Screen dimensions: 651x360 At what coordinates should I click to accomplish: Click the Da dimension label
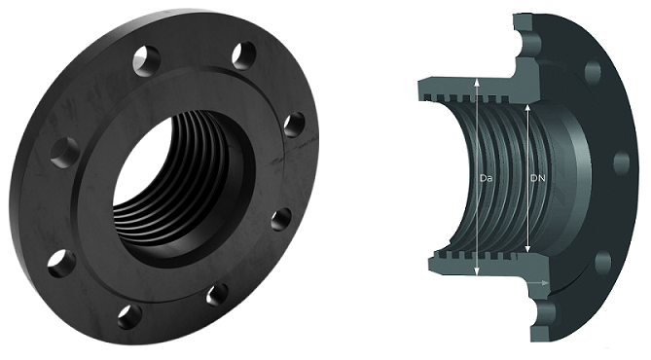click(486, 179)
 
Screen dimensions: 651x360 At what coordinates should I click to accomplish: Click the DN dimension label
click(538, 179)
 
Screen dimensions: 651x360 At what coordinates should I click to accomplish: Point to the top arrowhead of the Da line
click(477, 82)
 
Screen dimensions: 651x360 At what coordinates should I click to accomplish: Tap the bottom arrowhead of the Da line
click(477, 271)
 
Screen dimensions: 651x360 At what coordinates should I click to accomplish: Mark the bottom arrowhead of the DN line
click(527, 248)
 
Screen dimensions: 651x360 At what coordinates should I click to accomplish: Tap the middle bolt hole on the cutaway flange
click(622, 162)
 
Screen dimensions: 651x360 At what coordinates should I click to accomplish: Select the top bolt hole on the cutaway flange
click(593, 72)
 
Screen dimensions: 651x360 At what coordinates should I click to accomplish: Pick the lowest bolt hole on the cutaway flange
click(603, 263)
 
